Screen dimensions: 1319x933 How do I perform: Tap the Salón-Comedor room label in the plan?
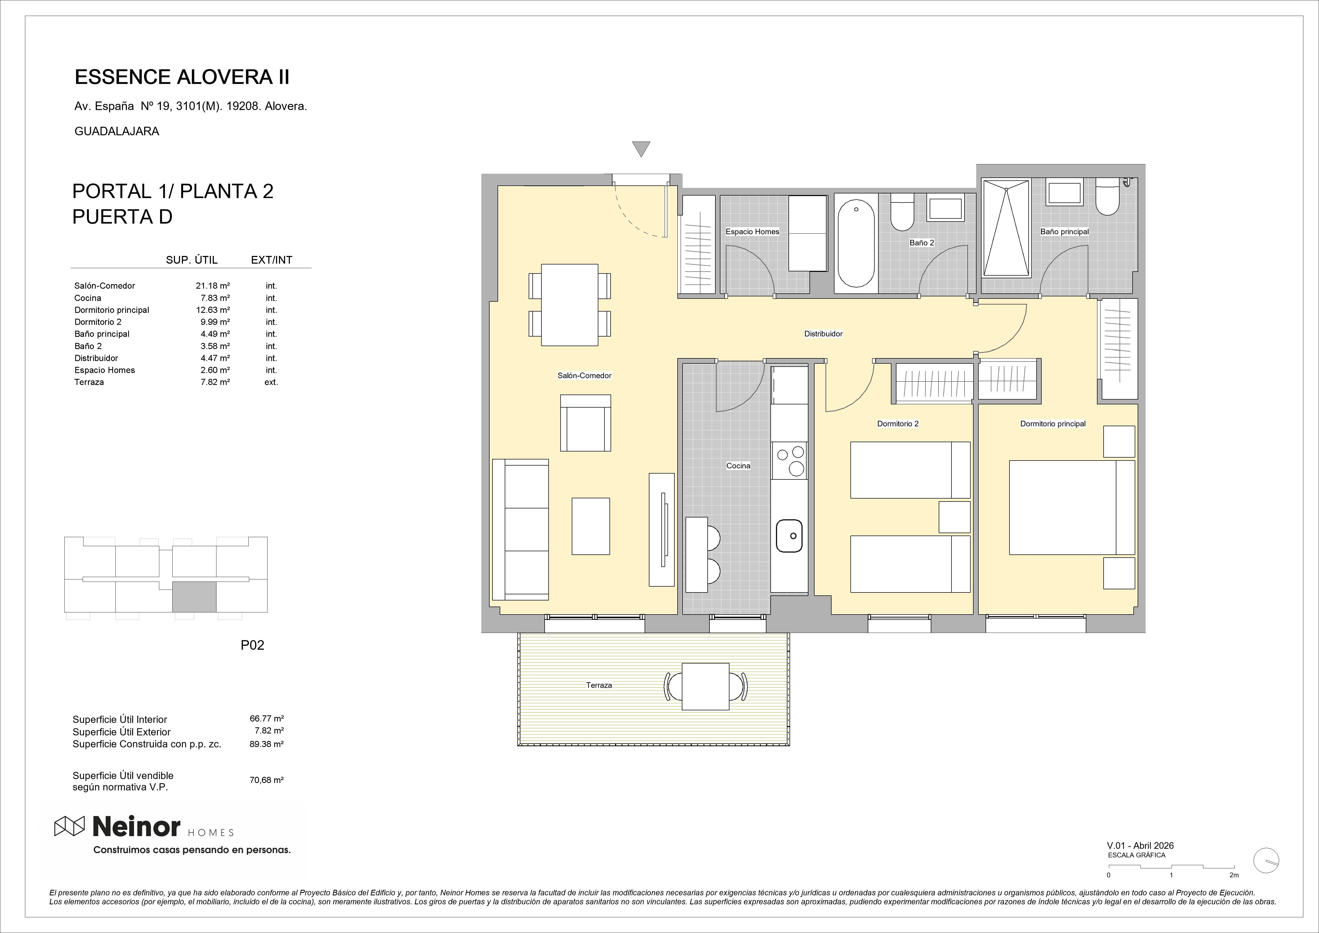pyautogui.click(x=584, y=375)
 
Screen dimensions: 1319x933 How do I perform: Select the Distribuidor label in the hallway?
pyautogui.click(x=823, y=333)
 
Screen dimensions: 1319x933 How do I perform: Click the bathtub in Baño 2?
pyautogui.click(x=856, y=243)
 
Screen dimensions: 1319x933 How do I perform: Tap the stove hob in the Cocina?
pyautogui.click(x=789, y=461)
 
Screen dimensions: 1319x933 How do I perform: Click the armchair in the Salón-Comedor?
pyautogui.click(x=585, y=423)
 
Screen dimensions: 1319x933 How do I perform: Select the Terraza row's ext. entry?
pyautogui.click(x=271, y=382)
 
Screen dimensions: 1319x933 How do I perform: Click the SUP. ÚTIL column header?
pyautogui.click(x=192, y=260)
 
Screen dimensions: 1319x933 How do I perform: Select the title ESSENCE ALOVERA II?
pyautogui.click(x=182, y=77)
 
